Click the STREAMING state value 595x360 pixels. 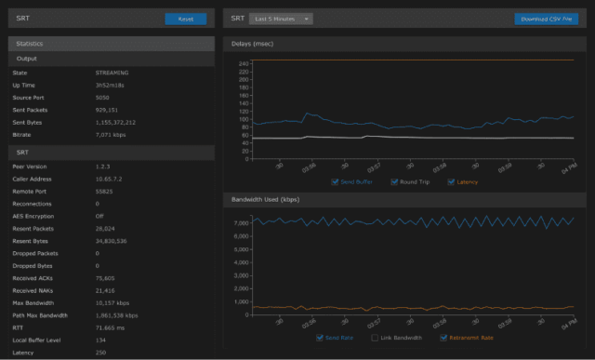point(112,72)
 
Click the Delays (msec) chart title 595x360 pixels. point(254,44)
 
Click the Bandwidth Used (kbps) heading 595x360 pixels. point(266,200)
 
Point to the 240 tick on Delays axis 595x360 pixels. point(244,62)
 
